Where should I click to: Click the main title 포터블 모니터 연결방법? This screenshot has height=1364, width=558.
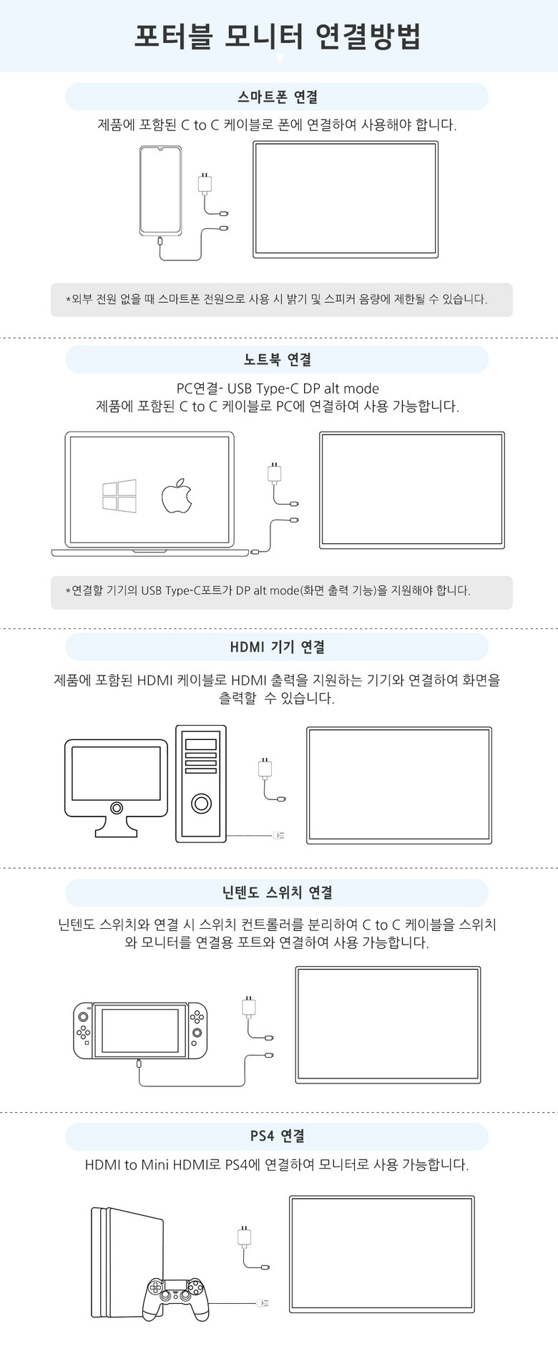point(278,36)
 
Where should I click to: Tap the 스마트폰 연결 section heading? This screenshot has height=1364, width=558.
point(278,97)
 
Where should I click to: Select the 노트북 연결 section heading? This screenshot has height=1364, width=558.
point(278,360)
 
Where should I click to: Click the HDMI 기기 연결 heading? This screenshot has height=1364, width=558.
point(278,647)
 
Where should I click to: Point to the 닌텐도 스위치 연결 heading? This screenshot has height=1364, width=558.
point(278,892)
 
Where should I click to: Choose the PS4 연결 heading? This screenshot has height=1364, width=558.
point(278,1136)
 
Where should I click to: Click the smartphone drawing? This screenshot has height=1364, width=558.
point(160,190)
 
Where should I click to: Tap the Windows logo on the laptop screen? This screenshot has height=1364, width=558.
point(119,496)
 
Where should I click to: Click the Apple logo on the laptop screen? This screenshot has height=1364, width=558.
point(176,496)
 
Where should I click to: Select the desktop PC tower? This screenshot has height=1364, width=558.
point(201,784)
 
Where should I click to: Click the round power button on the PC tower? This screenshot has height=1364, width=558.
point(202,804)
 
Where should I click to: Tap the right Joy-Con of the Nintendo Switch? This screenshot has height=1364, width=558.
point(197,1031)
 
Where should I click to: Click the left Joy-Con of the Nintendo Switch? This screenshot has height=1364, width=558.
point(84,1031)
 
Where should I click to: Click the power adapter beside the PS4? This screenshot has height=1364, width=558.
point(245,1237)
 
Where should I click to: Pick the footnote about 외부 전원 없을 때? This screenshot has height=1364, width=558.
point(277,299)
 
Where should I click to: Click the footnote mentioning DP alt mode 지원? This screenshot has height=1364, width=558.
point(268,591)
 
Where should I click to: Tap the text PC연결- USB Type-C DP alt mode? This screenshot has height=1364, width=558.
point(278,389)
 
